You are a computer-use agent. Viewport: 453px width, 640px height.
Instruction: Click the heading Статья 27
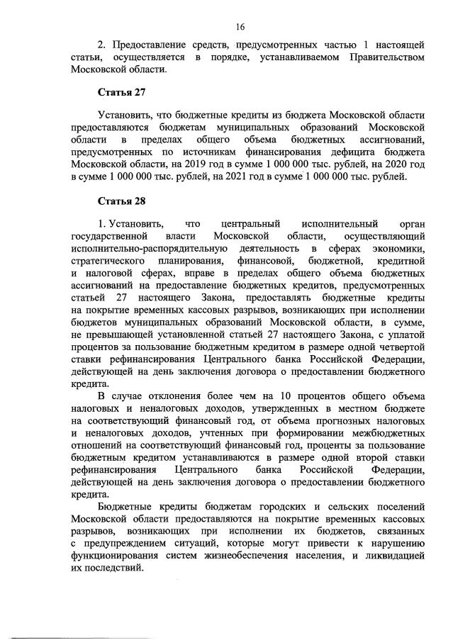click(121, 92)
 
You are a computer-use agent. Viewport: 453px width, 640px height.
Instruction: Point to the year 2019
click(185, 164)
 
